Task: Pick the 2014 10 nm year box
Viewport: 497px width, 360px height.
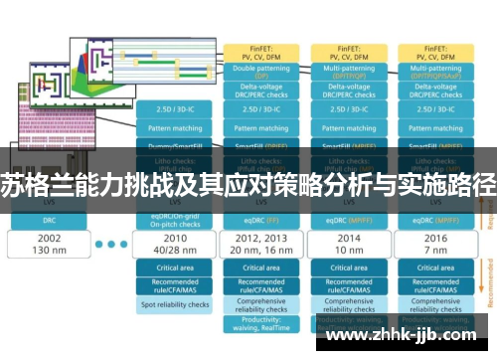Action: tap(349, 245)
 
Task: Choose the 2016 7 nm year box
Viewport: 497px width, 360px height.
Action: tap(435, 245)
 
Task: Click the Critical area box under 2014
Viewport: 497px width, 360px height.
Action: tap(349, 268)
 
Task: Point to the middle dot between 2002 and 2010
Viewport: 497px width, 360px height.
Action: tap(111, 245)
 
